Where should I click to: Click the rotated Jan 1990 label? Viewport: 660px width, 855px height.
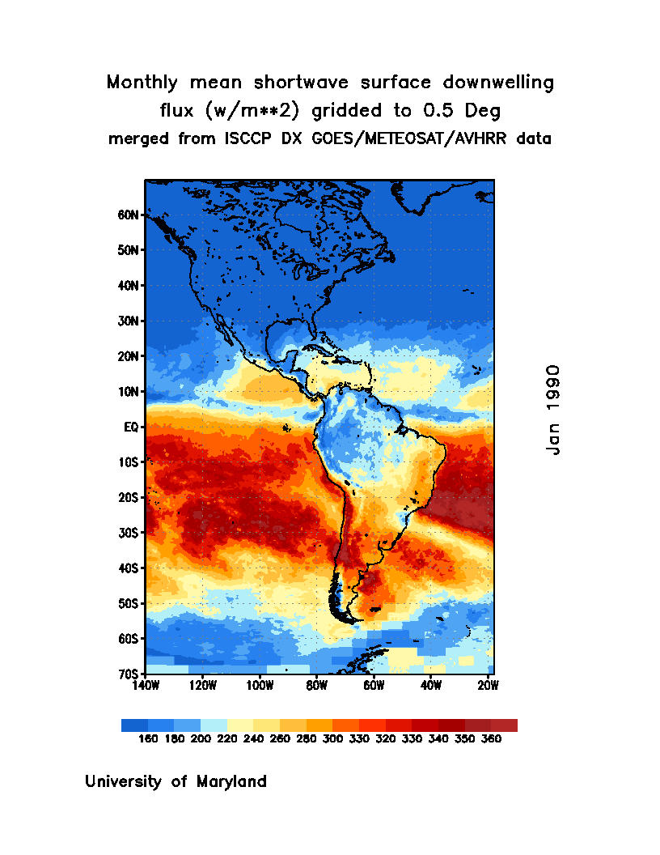553,409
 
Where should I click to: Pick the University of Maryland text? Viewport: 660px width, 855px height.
176,782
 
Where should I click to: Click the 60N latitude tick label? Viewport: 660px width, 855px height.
129,215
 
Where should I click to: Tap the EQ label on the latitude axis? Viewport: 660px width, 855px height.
133,427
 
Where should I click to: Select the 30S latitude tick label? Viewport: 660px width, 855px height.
129,533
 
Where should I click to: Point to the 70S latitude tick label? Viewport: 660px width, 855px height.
129,674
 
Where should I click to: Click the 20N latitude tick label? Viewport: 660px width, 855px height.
129,356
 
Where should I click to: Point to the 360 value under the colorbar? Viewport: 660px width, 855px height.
491,739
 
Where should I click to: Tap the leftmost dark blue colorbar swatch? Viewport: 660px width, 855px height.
134,725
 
